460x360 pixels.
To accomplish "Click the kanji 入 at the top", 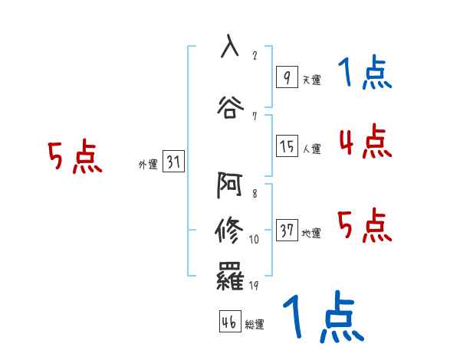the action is point(230,45).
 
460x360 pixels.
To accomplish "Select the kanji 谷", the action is point(230,104).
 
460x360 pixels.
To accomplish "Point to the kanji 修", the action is point(230,230).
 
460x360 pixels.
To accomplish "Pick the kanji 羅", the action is point(230,277).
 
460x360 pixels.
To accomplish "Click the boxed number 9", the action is point(286,77).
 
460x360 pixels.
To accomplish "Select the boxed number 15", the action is point(287,146).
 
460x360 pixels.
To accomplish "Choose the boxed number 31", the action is point(173,162).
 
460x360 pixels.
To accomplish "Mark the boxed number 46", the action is point(229,322).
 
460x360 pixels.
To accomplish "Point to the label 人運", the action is point(311,149).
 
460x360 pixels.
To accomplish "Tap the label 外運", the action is point(147,164).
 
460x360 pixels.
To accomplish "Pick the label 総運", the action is point(255,325).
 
